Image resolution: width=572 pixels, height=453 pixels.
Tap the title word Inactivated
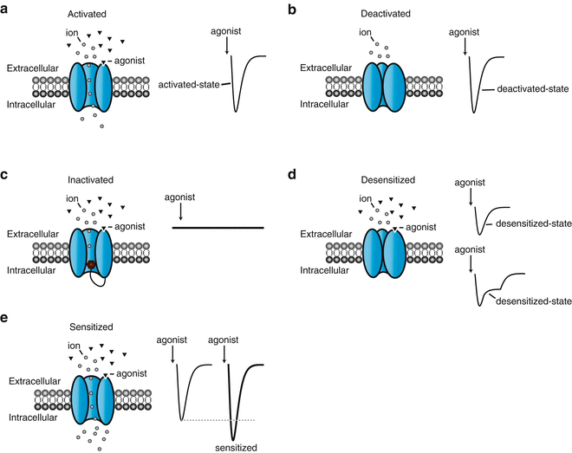coord(88,181)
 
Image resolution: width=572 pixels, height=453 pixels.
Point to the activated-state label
coord(192,84)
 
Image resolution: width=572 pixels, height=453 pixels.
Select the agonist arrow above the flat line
coord(179,212)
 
